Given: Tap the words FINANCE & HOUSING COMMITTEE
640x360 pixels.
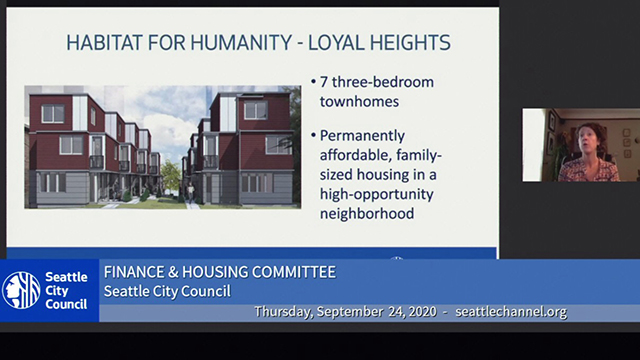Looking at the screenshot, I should pos(220,272).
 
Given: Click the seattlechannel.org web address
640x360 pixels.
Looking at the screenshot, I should pos(511,312).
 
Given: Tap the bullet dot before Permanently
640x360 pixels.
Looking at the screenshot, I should pos(313,135).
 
